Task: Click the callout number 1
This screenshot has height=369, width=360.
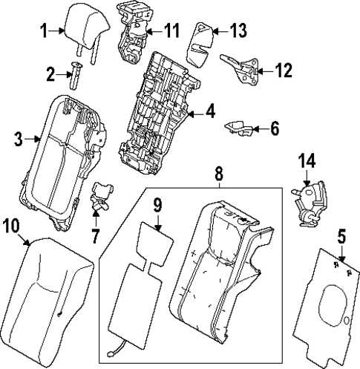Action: coord(44,30)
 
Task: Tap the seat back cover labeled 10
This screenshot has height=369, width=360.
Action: coord(48,297)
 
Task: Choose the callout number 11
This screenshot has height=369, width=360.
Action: coord(172,30)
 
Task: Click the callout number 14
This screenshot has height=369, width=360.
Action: coord(307,160)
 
